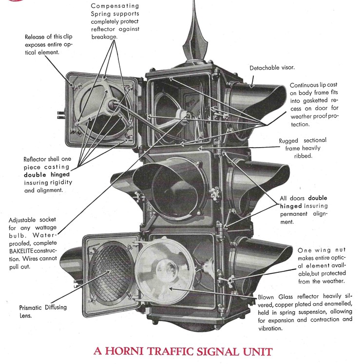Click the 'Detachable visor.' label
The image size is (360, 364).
tap(272, 68)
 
